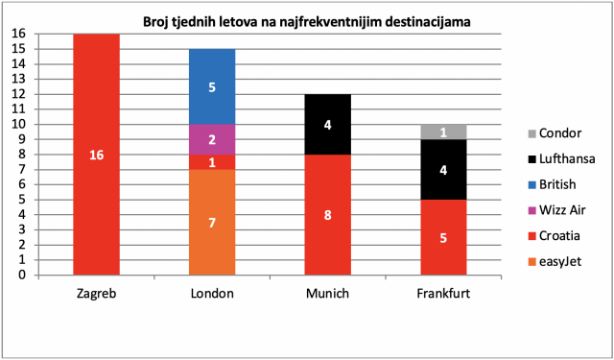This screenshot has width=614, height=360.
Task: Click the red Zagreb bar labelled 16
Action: pyautogui.click(x=96, y=155)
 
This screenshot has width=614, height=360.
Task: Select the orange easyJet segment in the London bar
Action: pyautogui.click(x=212, y=222)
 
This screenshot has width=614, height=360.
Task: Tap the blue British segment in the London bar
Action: pyautogui.click(x=212, y=86)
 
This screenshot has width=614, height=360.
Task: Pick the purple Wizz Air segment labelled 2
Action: pyautogui.click(x=212, y=139)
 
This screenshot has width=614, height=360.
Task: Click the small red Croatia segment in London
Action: pyautogui.click(x=212, y=162)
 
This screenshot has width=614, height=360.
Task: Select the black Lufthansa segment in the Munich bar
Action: pyautogui.click(x=328, y=125)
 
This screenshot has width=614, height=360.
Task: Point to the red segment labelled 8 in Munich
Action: pyautogui.click(x=328, y=215)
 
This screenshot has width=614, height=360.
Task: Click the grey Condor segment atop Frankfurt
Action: pyautogui.click(x=443, y=132)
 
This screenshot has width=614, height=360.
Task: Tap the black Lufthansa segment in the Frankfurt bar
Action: pyautogui.click(x=443, y=170)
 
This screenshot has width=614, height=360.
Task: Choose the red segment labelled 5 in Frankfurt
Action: pyautogui.click(x=443, y=237)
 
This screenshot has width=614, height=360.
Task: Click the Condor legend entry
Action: pyautogui.click(x=555, y=133)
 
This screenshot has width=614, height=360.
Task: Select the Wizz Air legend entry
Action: pyautogui.click(x=556, y=210)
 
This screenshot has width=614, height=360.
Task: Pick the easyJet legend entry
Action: pyautogui.click(x=555, y=262)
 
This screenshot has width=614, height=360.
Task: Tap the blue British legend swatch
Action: pyautogui.click(x=531, y=185)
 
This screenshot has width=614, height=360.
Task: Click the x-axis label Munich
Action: pyautogui.click(x=328, y=294)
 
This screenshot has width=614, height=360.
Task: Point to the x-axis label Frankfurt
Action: pyautogui.click(x=443, y=294)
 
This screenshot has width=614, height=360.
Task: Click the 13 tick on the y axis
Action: pyautogui.click(x=19, y=79)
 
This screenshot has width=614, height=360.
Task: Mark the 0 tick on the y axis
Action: pyautogui.click(x=23, y=275)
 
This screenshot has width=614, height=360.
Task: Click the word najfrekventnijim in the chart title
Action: pyautogui.click(x=341, y=22)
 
